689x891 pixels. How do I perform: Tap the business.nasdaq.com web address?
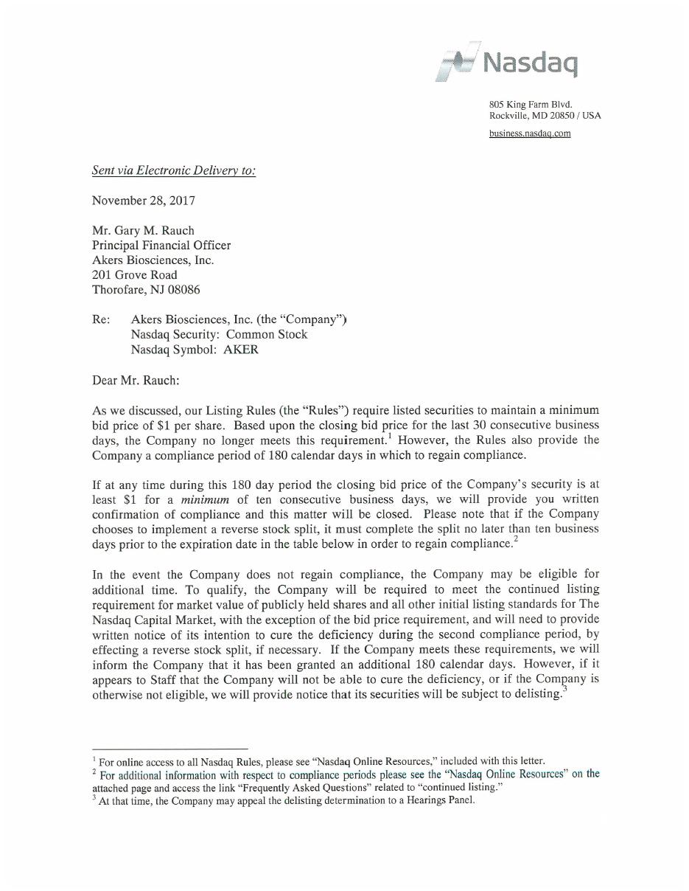530,134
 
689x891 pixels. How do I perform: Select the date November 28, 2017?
143,201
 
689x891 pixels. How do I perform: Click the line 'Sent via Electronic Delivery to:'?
174,171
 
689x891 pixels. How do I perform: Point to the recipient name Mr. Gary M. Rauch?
143,230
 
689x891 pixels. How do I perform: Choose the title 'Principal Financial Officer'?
161,245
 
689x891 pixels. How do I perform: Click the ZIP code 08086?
183,290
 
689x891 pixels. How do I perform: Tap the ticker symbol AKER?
241,350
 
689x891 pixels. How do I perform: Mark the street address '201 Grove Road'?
134,275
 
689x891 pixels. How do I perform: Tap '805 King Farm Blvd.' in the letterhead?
531,105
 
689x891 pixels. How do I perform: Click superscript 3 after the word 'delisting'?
564,690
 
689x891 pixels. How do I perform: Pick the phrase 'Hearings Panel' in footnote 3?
444,800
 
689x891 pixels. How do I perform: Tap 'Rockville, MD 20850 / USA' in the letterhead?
545,116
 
